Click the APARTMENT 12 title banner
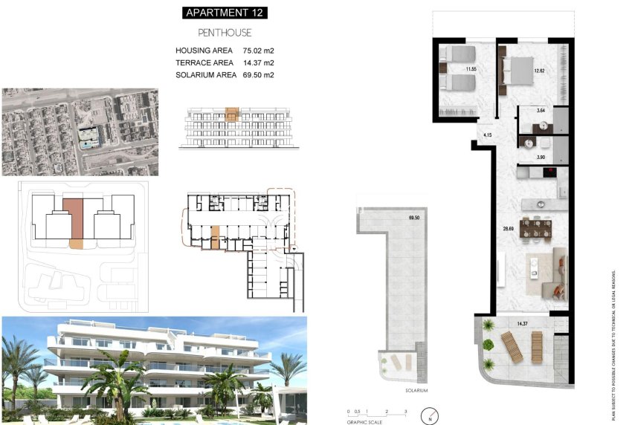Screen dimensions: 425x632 (225, 13)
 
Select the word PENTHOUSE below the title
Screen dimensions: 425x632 (225, 33)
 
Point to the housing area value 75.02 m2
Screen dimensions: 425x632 (248, 51)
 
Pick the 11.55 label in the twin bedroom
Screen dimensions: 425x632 (471, 69)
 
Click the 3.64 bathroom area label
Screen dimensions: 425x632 (541, 111)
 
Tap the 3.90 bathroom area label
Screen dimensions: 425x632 (541, 158)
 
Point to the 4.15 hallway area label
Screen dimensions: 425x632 (488, 135)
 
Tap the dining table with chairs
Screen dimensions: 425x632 (535, 227)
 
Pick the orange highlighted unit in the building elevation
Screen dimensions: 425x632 (232, 115)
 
